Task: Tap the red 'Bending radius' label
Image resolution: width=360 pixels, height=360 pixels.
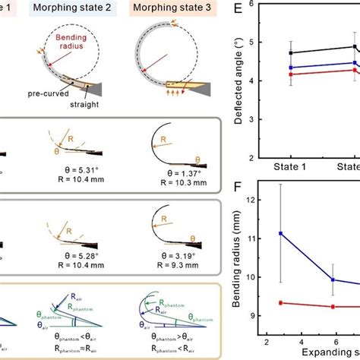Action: click(73, 49)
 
